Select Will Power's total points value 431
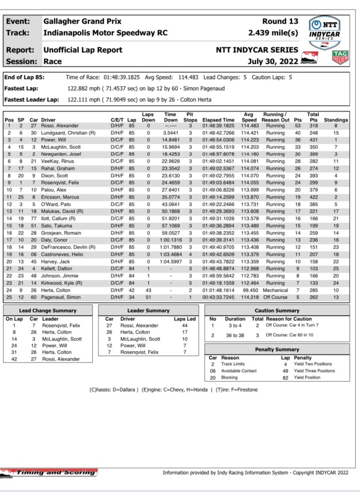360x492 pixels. click(313, 140)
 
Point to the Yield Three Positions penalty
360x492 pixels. click(314, 371)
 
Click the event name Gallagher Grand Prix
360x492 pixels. click(82, 22)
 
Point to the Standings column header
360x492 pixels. click(336, 120)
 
